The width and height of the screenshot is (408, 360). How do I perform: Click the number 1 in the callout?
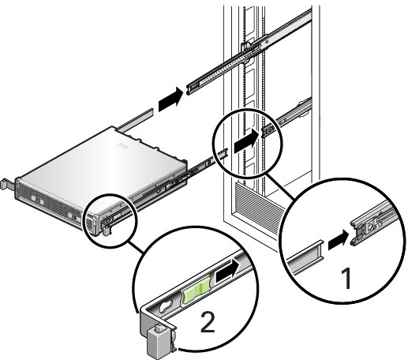pyautogui.click(x=347, y=278)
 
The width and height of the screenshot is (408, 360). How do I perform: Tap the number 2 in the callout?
pyautogui.click(x=208, y=321)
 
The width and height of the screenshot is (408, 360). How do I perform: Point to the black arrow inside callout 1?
pyautogui.click(x=339, y=239)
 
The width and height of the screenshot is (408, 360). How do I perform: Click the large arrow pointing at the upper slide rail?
pyautogui.click(x=170, y=98)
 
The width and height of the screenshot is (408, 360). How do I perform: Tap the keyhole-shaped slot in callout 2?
pyautogui.click(x=166, y=307)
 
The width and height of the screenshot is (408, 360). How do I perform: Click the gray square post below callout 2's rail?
pyautogui.click(x=158, y=341)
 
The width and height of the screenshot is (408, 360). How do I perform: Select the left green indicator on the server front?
pyautogui.click(x=38, y=201)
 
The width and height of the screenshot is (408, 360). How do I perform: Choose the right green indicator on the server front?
pyautogui.click(x=74, y=217)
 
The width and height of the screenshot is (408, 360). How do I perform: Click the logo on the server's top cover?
pyautogui.click(x=122, y=145)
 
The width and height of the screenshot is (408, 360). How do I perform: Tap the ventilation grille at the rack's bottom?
pyautogui.click(x=259, y=208)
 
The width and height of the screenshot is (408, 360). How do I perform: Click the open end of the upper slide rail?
pyautogui.click(x=191, y=88)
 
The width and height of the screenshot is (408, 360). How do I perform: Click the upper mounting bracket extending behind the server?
pyautogui.click(x=135, y=119)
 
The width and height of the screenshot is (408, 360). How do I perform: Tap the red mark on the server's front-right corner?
pyautogui.click(x=95, y=219)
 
